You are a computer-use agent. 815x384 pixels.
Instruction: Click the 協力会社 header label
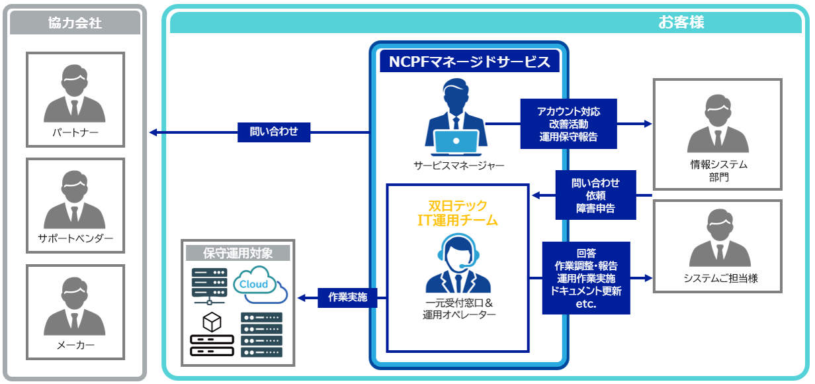tap(75, 23)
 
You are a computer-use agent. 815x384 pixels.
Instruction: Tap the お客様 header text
tap(681, 23)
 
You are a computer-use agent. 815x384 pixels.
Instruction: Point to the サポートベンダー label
tap(75, 238)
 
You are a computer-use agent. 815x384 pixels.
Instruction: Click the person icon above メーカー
tap(75, 306)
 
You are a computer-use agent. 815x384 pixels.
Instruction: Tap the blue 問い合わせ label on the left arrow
tap(274, 132)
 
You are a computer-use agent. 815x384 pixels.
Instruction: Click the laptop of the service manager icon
tap(456, 141)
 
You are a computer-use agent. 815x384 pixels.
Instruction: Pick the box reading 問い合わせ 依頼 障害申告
tap(595, 195)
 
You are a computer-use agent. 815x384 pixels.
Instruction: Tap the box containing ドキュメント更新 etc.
tap(586, 278)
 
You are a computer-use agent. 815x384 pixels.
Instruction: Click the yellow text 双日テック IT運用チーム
tap(458, 213)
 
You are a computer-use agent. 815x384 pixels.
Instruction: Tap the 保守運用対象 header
tap(237, 253)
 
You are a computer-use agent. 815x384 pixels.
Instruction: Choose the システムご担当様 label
tap(718, 279)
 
